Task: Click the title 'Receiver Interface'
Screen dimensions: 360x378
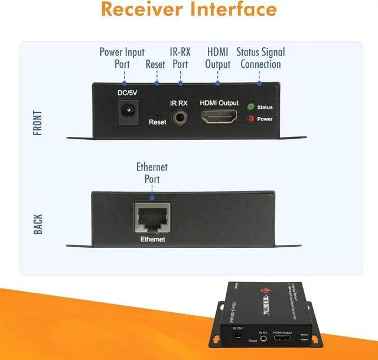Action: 189,10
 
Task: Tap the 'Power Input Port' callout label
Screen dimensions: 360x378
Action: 122,58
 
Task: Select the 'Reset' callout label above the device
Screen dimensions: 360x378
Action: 157,64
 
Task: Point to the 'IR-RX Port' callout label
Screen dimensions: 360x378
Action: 180,58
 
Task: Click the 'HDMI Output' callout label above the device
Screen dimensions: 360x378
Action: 218,58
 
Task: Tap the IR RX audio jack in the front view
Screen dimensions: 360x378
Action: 179,116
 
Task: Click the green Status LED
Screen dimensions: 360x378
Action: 250,107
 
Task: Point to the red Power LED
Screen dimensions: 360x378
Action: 250,119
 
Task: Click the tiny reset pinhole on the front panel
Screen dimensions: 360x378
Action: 157,114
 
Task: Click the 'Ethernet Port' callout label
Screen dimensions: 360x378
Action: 152,173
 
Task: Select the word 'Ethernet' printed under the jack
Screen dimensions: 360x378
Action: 152,239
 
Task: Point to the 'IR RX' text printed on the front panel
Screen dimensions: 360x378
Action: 179,103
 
